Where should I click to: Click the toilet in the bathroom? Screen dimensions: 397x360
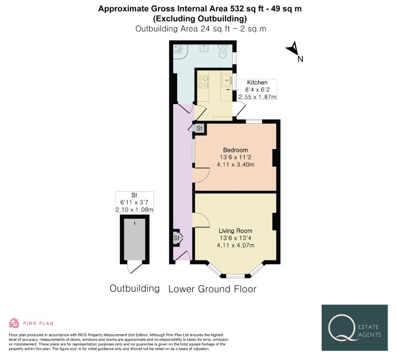click(x=223, y=51)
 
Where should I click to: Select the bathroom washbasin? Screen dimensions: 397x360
click(x=204, y=48)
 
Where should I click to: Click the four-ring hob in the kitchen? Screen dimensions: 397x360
click(x=203, y=82)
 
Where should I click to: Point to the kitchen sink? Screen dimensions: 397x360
click(x=227, y=80)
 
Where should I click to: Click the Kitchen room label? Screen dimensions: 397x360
click(x=257, y=82)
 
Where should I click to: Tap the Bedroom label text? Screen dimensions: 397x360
click(x=235, y=150)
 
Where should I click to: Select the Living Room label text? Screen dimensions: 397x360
click(x=235, y=231)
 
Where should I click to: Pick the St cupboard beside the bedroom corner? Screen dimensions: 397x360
click(x=200, y=128)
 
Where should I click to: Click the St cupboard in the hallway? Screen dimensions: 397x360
click(x=177, y=237)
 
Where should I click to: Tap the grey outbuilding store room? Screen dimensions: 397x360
click(x=134, y=240)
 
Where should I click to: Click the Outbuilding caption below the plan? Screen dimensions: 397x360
click(x=134, y=289)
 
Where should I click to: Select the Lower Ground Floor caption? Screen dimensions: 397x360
click(x=212, y=289)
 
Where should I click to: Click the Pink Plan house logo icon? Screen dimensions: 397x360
click(x=14, y=323)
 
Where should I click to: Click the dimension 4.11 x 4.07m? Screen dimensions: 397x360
click(x=236, y=245)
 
